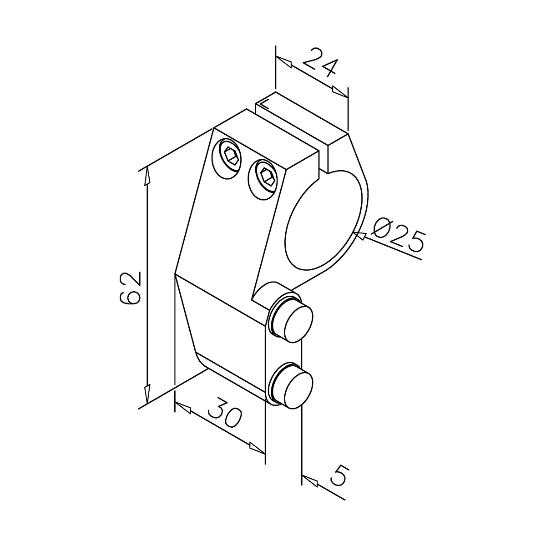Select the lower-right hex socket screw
point(263,179)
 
